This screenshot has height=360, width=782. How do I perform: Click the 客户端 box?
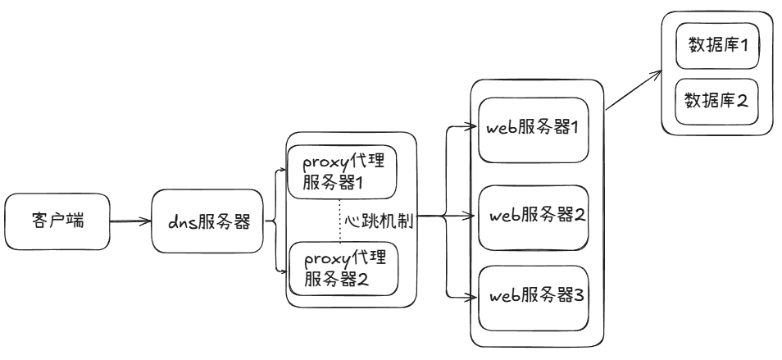57,221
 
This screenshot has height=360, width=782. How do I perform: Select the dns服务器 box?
208,221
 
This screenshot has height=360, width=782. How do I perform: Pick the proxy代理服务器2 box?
340,269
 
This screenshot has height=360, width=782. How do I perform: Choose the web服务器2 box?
534,216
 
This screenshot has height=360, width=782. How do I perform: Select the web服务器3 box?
534,295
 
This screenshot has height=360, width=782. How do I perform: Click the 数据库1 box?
716,46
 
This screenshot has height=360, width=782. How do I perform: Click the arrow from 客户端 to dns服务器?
131,221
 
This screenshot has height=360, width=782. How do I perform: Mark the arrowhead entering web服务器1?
472,127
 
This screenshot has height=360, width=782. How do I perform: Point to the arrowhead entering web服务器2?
472,216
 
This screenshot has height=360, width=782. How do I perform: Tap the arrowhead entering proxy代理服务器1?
281,173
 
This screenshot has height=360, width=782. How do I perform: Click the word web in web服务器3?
502,296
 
